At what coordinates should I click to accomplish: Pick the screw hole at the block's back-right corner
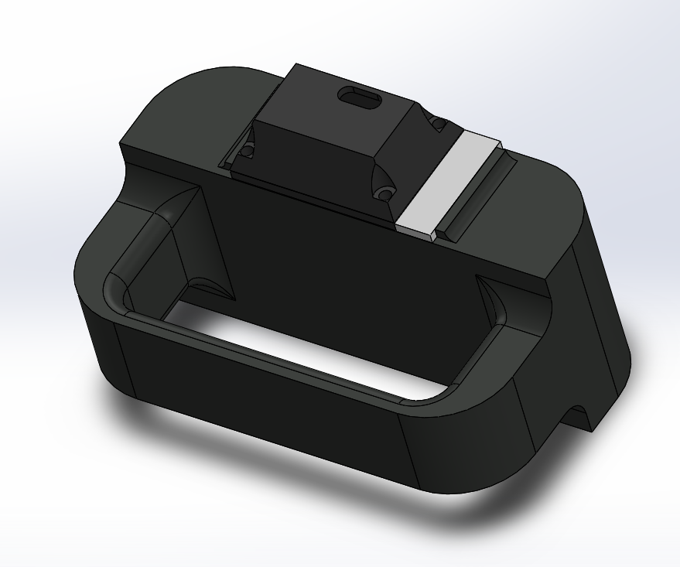[x=438, y=123]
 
